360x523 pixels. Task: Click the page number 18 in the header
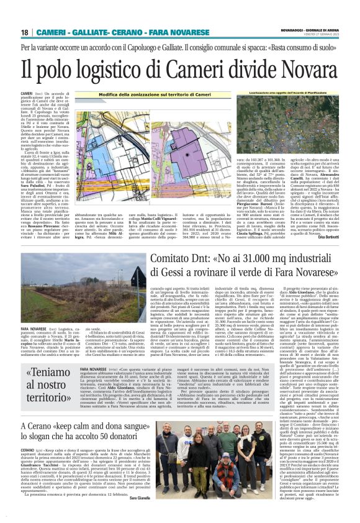(25, 32)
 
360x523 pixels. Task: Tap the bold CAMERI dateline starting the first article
(27, 91)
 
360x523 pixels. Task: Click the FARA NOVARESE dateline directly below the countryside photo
(35, 327)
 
